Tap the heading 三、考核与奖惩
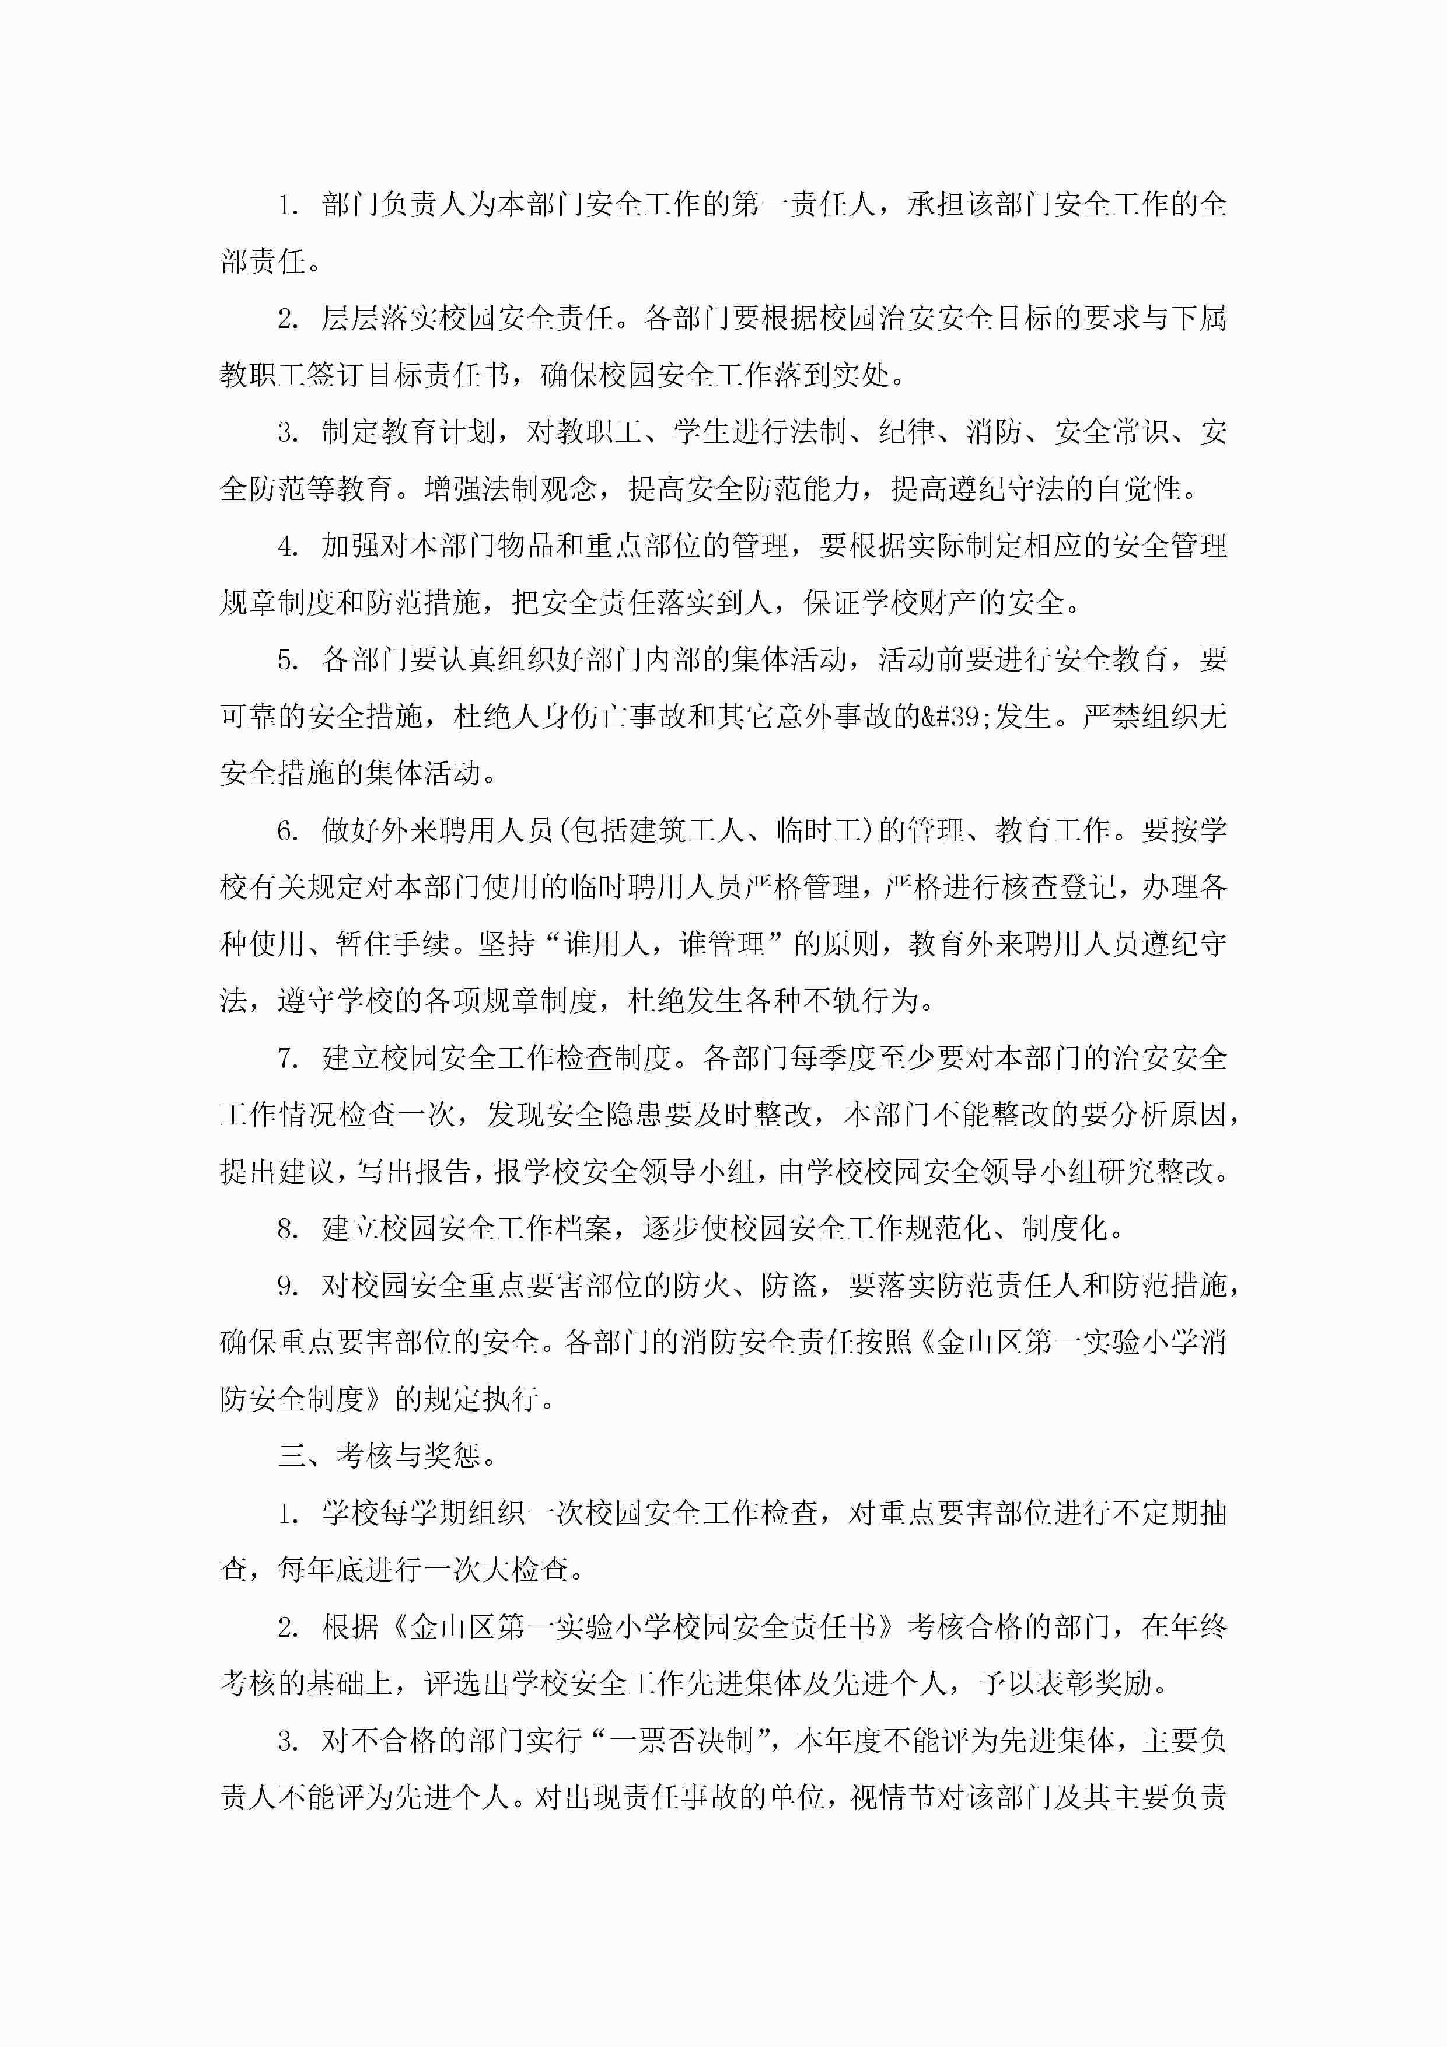click(x=388, y=1456)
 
